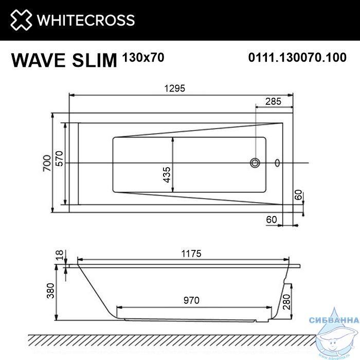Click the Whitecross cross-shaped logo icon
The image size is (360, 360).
21,20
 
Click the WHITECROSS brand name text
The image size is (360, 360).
86,20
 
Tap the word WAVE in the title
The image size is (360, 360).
38,60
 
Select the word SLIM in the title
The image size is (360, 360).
95,60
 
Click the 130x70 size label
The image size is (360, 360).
143,58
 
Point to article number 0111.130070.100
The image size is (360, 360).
297,57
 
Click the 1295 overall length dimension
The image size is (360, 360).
174,88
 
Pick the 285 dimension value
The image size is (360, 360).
273,101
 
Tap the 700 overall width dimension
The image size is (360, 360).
47,163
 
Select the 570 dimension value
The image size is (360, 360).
59,158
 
